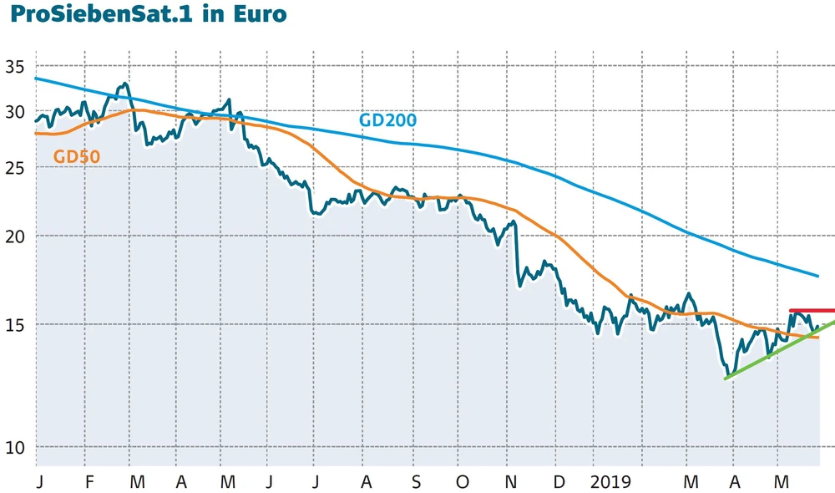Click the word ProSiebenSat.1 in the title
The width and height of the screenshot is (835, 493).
[x=96, y=16]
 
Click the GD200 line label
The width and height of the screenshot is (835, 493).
[x=387, y=120]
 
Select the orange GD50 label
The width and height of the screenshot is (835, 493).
[x=77, y=155]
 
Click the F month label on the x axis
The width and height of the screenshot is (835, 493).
[x=90, y=482]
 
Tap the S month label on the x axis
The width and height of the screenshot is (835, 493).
[x=416, y=482]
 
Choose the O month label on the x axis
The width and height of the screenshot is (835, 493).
[x=463, y=482]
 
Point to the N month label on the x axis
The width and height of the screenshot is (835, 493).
[x=512, y=482]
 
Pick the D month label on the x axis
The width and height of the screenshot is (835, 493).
[x=559, y=482]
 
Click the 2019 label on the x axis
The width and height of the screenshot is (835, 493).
[x=611, y=482]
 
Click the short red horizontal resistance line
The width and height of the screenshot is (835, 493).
[x=811, y=310]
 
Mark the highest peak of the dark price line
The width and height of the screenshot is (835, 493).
[x=124, y=84]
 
